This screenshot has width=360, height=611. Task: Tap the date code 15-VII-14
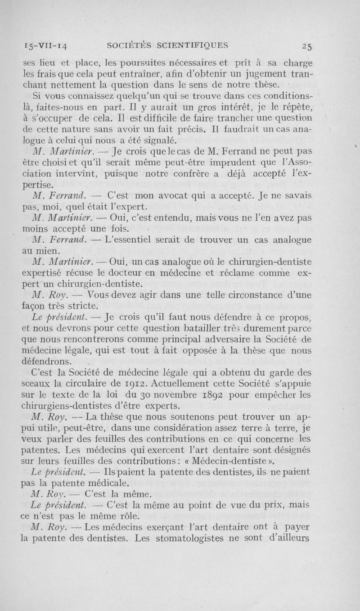[40, 45]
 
